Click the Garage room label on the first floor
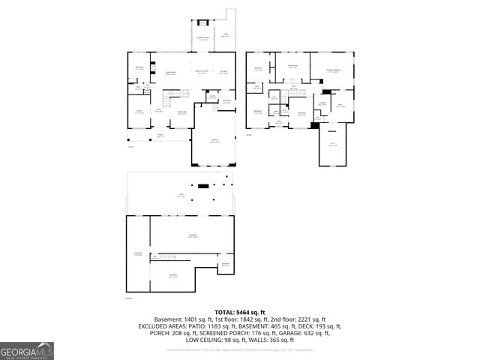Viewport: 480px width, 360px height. coord(214,141)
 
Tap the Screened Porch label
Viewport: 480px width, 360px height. coord(203,38)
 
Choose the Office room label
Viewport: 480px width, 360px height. coord(139,113)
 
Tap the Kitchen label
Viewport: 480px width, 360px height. coord(223,73)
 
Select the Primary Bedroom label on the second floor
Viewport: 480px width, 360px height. coord(332,71)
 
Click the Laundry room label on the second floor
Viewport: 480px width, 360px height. coord(322,103)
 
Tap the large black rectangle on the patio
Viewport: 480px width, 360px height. coord(202,185)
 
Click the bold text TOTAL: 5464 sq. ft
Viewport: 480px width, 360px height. coord(240,312)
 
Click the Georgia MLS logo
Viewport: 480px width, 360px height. coord(27,350)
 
